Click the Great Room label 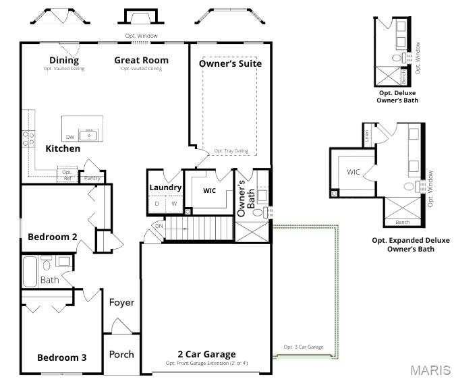tap(141, 61)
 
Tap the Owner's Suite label tap(230, 63)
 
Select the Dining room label tap(64, 61)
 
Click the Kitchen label tap(63, 148)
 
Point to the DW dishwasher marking tap(70, 138)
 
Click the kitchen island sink tap(89, 135)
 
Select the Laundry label tap(165, 187)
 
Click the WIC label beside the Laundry tap(210, 191)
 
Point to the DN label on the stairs tap(159, 227)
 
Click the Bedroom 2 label tap(52, 237)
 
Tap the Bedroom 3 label tap(61, 357)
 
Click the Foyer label tap(121, 303)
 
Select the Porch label tap(121, 354)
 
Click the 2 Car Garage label tap(206, 354)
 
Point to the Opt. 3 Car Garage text tap(303, 347)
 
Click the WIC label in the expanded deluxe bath tap(353, 172)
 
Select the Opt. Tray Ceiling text tap(231, 151)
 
